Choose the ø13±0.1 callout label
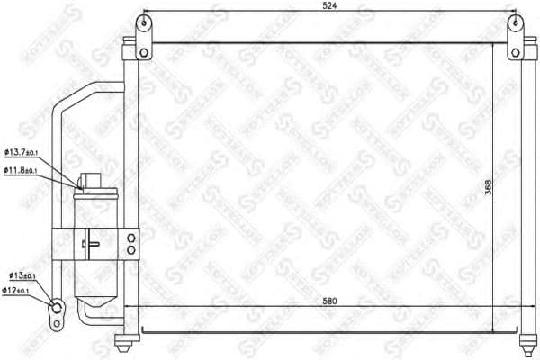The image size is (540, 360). [x=22, y=275]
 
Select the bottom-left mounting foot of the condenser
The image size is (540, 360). [x=126, y=342]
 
